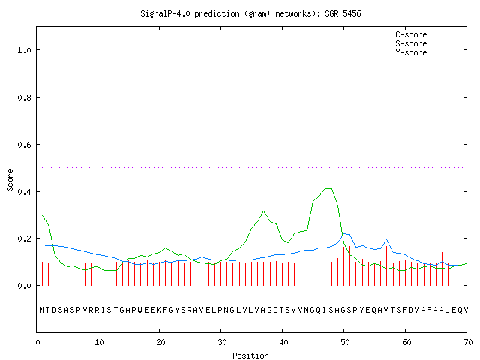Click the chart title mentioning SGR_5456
[250, 13]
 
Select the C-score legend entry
[427, 34]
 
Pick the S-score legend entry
[427, 43]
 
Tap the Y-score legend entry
[427, 52]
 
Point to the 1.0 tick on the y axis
[24, 50]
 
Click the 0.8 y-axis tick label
[24, 97]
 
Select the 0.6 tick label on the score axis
[24, 145]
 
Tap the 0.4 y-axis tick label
[24, 192]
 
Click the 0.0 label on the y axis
[24, 286]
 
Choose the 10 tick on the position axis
[99, 342]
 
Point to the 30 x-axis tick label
[222, 342]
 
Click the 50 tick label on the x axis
[345, 342]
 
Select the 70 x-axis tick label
[468, 342]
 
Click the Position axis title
[250, 355]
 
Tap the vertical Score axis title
[10, 180]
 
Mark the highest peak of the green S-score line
[328, 188]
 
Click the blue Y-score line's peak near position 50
[344, 233]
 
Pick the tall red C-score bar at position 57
[387, 265]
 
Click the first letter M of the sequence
[42, 310]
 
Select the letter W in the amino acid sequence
[140, 310]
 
